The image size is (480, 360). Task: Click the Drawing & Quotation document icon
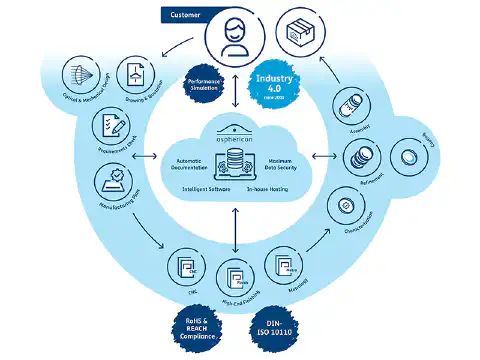[x=136, y=73]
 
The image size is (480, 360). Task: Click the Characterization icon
[x=346, y=206]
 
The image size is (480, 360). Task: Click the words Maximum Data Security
[x=286, y=165]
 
